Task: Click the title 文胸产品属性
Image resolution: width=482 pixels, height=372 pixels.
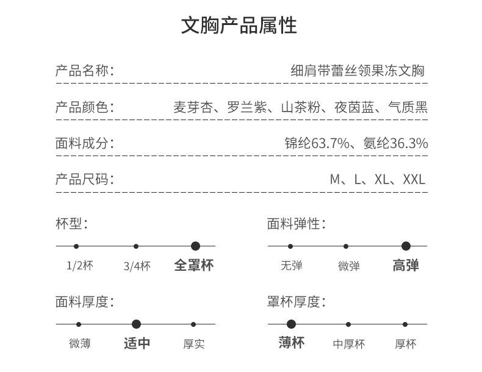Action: click(239, 26)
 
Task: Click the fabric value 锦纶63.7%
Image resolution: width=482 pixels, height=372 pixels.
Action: click(317, 143)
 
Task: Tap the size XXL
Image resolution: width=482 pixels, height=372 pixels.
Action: click(414, 179)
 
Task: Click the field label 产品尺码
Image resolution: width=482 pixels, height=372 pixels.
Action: click(84, 179)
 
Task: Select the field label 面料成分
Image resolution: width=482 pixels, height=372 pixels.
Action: click(84, 143)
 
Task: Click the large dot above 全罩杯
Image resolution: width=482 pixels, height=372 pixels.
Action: click(195, 246)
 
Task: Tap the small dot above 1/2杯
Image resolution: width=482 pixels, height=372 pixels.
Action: click(76, 246)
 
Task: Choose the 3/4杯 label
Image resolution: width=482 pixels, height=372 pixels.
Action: click(137, 266)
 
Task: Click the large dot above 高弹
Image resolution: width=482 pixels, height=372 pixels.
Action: click(406, 246)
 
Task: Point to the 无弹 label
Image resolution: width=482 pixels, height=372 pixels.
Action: click(291, 266)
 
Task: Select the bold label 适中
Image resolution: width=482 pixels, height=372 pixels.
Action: click(137, 343)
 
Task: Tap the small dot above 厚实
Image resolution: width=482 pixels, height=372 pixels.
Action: click(193, 324)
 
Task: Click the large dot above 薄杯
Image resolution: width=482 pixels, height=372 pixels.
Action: click(291, 324)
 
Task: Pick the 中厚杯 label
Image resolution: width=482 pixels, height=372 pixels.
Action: click(348, 344)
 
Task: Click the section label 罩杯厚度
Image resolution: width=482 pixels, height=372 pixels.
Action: click(296, 301)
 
